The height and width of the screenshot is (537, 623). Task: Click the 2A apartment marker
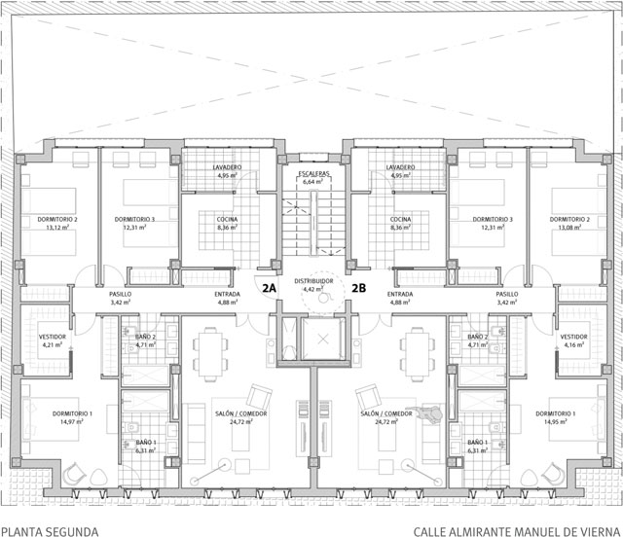pyautogui.click(x=270, y=288)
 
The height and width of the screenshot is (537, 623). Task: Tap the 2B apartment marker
pyautogui.click(x=358, y=288)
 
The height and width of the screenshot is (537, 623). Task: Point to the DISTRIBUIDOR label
pyautogui.click(x=312, y=281)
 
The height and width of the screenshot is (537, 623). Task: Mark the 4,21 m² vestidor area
pyautogui.click(x=52, y=343)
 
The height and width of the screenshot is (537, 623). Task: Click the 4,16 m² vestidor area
pyautogui.click(x=573, y=343)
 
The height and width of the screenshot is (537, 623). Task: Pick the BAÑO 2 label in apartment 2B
pyautogui.click(x=478, y=336)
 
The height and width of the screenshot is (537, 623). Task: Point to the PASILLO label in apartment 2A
pyautogui.click(x=121, y=294)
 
